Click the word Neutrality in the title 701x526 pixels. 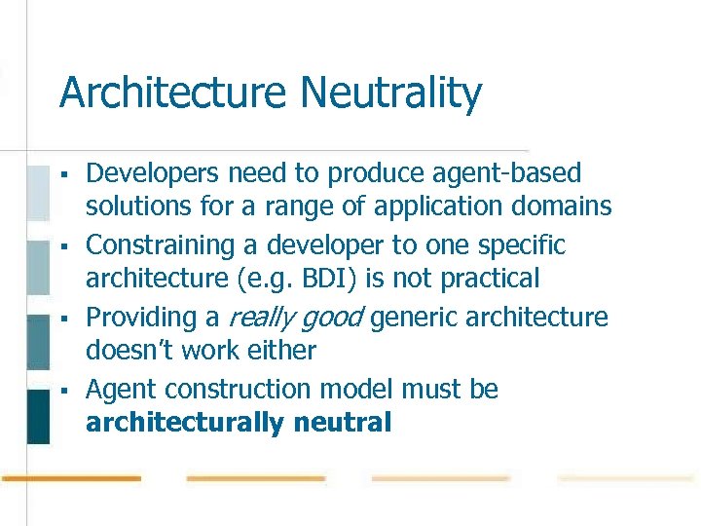(x=391, y=94)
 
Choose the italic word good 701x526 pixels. (x=332, y=318)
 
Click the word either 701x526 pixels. (x=281, y=350)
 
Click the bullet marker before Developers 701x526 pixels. (x=62, y=174)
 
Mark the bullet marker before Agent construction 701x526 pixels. (x=62, y=390)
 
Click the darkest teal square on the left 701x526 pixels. (x=38, y=416)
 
